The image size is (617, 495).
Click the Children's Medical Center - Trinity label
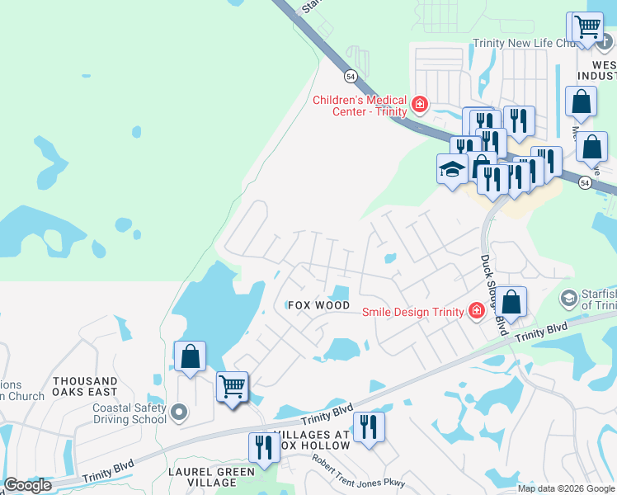coord(360,106)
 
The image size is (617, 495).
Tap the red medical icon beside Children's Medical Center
coord(420,104)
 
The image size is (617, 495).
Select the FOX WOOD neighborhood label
coord(319,305)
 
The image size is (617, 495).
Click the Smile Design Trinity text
coord(414,310)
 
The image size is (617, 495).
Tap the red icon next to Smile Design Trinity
coord(476,310)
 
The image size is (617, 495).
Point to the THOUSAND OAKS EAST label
coord(85,387)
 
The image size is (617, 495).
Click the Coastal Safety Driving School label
coord(129,413)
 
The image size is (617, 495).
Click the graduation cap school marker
coord(452,169)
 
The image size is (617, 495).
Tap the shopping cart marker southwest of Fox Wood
coord(232,385)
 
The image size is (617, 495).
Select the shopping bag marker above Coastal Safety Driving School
coord(190,356)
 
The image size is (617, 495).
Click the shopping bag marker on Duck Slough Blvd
coord(511,302)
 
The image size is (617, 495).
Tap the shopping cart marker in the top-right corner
coord(586,26)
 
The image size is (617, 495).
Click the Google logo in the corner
coord(27,485)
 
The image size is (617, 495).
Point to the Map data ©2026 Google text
coord(566,488)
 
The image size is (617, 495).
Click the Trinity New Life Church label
coord(522,44)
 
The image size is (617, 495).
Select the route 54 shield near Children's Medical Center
coord(351,75)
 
